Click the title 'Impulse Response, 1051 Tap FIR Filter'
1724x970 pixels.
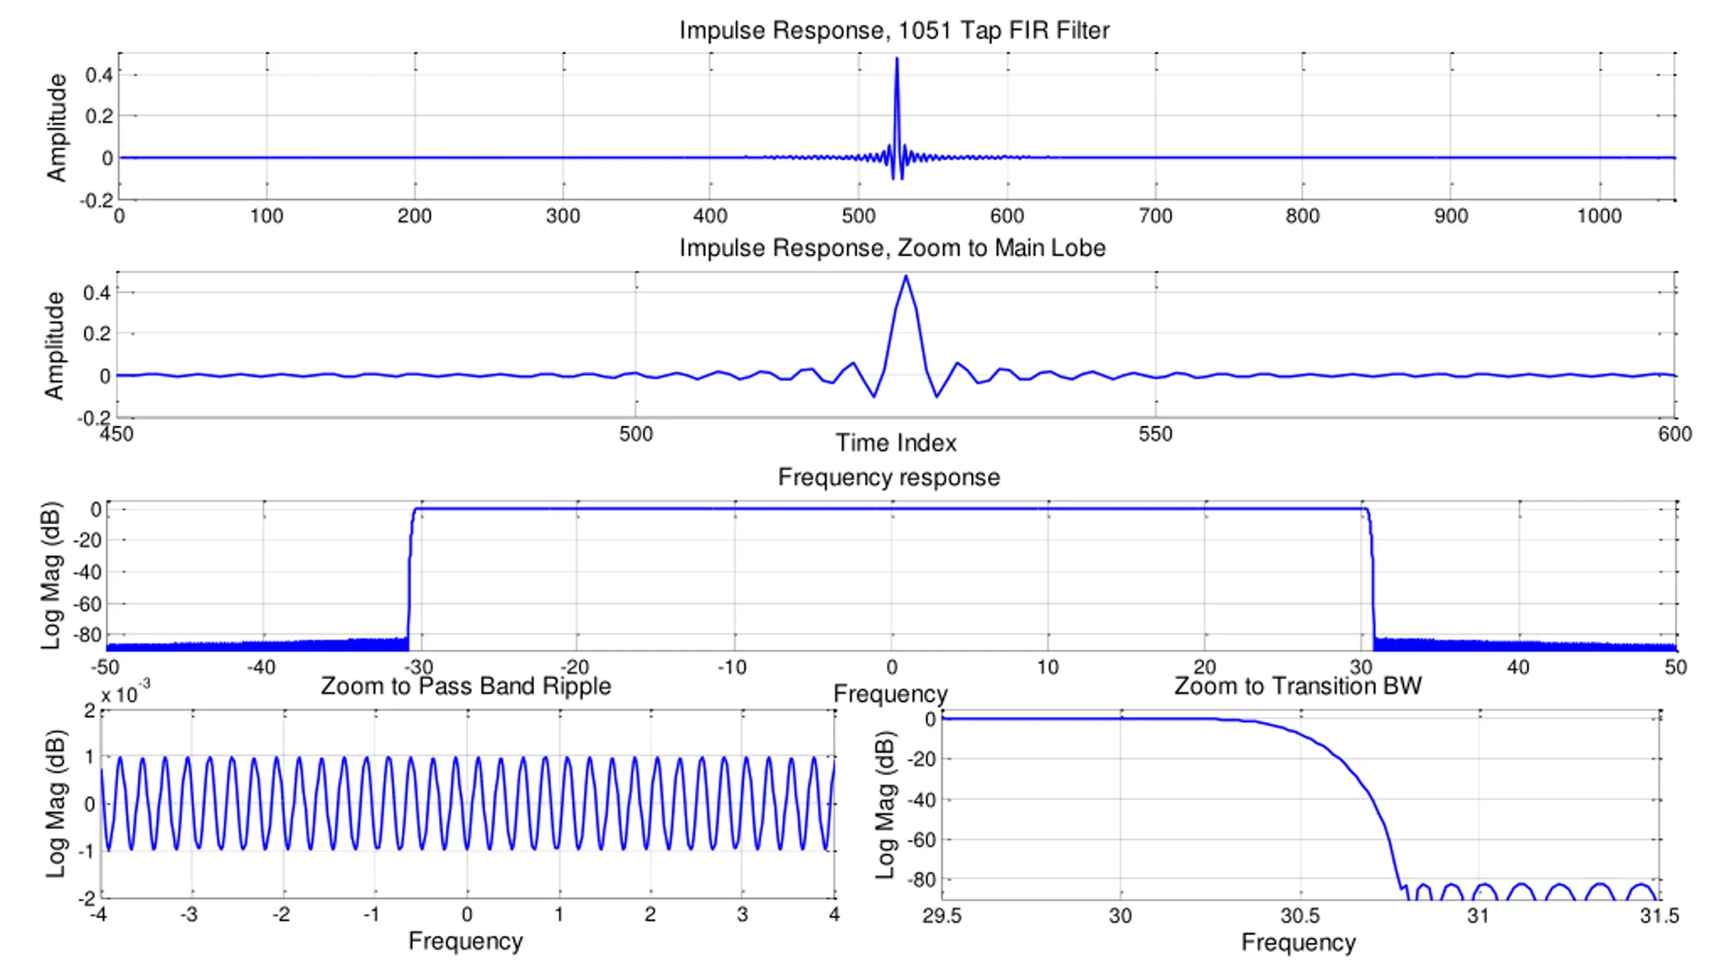pos(894,30)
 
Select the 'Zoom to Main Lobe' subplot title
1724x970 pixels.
pos(892,248)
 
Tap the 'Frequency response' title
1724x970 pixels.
pos(889,477)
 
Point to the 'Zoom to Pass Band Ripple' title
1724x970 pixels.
pos(466,686)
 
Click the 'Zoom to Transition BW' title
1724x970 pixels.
pos(1298,686)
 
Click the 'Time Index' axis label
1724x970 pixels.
pos(896,443)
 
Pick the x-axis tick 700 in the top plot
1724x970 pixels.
pos(1156,216)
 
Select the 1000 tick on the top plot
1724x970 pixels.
pos(1599,216)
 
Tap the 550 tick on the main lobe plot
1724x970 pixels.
pos(1156,434)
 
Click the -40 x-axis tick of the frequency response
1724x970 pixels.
pos(261,668)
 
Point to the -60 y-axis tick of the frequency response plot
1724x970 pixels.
pos(87,604)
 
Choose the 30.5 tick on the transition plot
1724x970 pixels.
pos(1300,915)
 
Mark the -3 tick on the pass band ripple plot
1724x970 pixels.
pos(189,914)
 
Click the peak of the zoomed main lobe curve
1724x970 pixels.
pos(906,276)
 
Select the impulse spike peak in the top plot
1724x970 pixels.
pos(896,59)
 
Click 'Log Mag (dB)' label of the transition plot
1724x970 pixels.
pos(885,805)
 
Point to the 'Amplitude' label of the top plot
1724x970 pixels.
pos(57,127)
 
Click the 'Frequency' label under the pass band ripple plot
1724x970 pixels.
pos(465,941)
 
